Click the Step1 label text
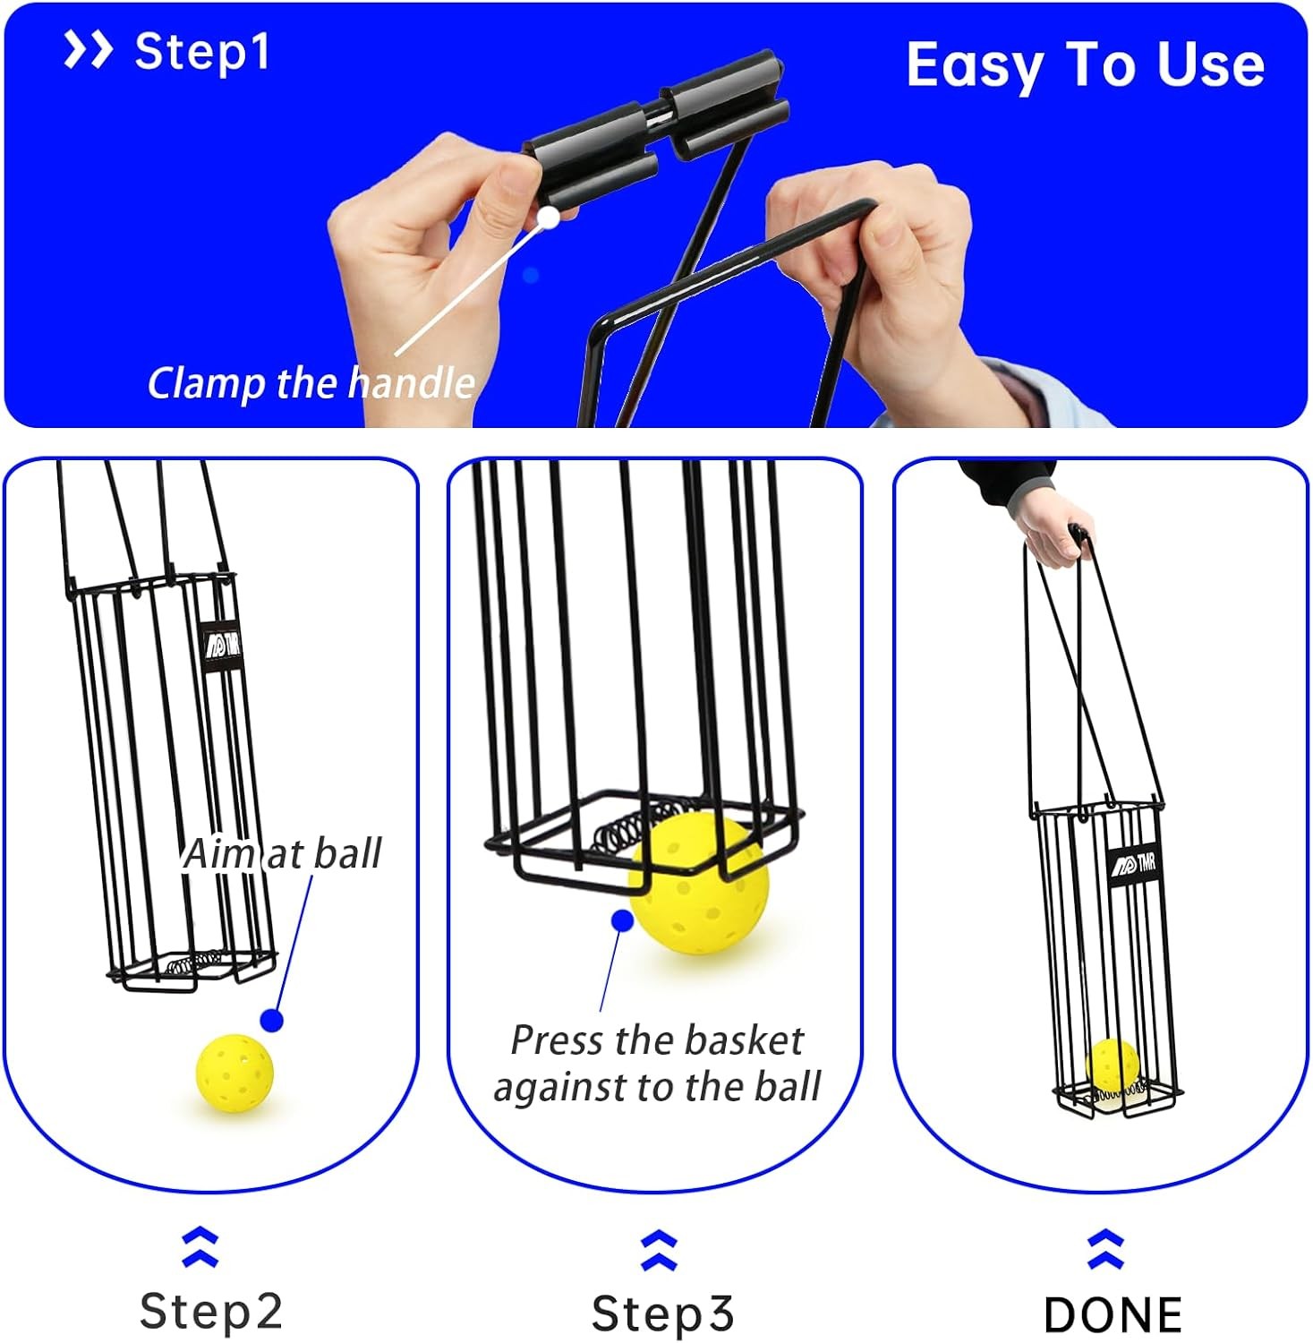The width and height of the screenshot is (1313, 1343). point(201,52)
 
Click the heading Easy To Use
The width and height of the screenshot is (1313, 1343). point(1085,65)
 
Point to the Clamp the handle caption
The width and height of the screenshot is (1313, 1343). point(311,383)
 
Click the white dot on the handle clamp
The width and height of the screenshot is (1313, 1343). point(549,217)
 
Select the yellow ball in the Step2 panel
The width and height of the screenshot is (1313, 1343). point(234,1073)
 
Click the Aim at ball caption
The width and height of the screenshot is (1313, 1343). point(283,853)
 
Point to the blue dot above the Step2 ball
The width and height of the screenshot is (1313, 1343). point(272,1020)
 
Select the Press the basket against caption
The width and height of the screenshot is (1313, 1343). point(657,1064)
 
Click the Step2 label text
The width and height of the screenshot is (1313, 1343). point(211,1312)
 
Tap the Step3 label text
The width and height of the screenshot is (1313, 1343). point(662,1313)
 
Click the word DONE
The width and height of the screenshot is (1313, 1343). point(1113,1314)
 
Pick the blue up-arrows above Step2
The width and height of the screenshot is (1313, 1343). point(200,1247)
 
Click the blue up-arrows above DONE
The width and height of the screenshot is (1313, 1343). point(1105,1250)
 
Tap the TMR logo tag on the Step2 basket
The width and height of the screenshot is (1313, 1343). point(221,646)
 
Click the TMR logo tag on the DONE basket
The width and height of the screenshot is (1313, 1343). point(1133,865)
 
